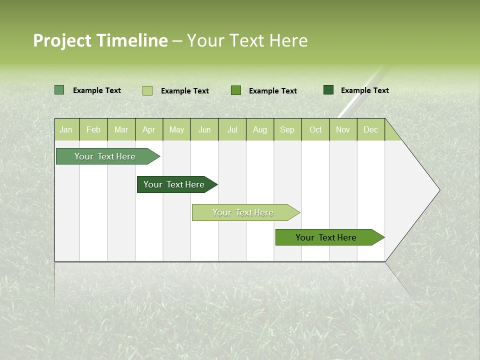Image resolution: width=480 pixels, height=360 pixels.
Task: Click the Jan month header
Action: click(x=66, y=130)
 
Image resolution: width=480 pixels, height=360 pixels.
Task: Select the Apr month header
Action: click(x=148, y=130)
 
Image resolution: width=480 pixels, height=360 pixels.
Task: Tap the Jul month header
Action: click(x=232, y=130)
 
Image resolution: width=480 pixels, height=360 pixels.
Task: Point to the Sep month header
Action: click(x=287, y=130)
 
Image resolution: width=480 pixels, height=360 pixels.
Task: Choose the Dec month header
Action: click(x=370, y=130)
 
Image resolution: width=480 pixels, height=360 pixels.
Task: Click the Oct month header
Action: click(x=315, y=130)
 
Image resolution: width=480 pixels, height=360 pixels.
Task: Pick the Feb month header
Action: click(x=93, y=130)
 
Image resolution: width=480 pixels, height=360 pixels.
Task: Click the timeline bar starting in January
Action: click(x=105, y=156)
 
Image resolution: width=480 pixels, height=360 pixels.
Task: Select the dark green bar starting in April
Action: click(x=174, y=184)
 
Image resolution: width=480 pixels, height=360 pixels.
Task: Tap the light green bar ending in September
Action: click(x=243, y=212)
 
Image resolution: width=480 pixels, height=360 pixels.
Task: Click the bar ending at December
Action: click(x=326, y=237)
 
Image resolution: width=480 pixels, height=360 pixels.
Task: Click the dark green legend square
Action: click(x=328, y=90)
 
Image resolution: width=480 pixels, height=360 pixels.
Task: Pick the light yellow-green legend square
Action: click(x=147, y=90)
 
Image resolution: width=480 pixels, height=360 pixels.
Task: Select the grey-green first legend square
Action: click(x=59, y=90)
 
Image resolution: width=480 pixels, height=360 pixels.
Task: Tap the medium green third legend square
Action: click(x=236, y=90)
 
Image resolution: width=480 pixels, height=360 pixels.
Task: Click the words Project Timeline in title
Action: click(x=100, y=40)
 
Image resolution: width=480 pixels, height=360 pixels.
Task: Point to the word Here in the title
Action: click(x=288, y=40)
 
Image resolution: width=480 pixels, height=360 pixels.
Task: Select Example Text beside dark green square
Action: click(x=364, y=90)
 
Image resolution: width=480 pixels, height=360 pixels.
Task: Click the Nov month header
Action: click(x=343, y=130)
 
